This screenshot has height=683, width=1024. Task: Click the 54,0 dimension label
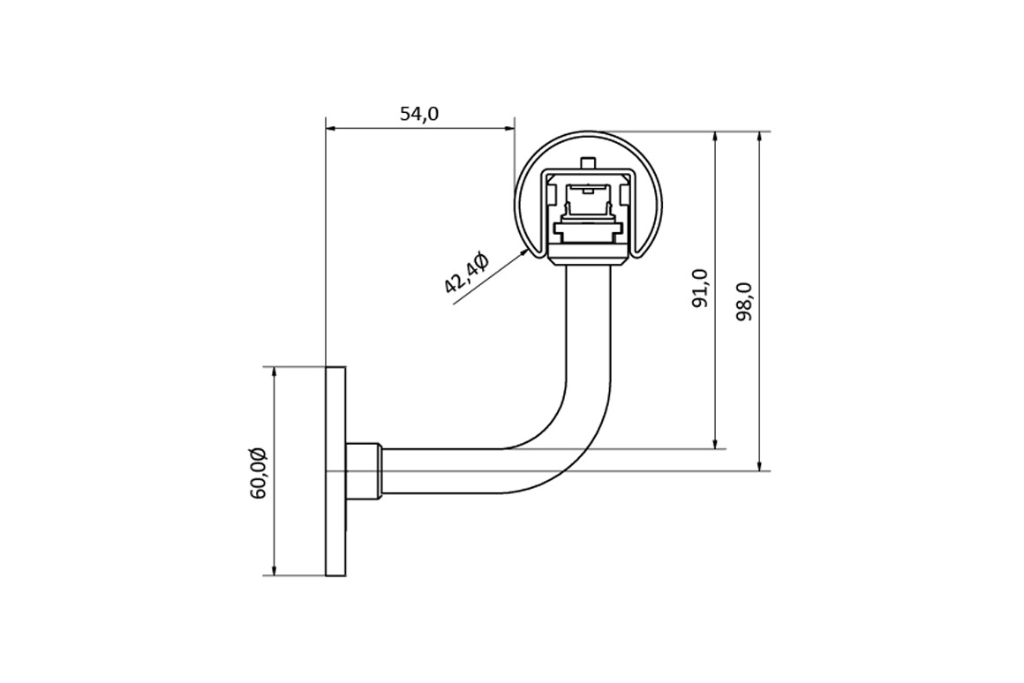[x=419, y=114]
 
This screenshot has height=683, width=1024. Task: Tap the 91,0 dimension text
[x=700, y=288]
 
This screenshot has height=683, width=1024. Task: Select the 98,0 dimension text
[x=744, y=301]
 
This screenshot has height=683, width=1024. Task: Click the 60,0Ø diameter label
[x=257, y=473]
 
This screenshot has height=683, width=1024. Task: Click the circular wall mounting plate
[x=335, y=471]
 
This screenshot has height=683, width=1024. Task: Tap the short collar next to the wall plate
[x=363, y=471]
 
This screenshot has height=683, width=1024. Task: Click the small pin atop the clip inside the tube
[x=589, y=162]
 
